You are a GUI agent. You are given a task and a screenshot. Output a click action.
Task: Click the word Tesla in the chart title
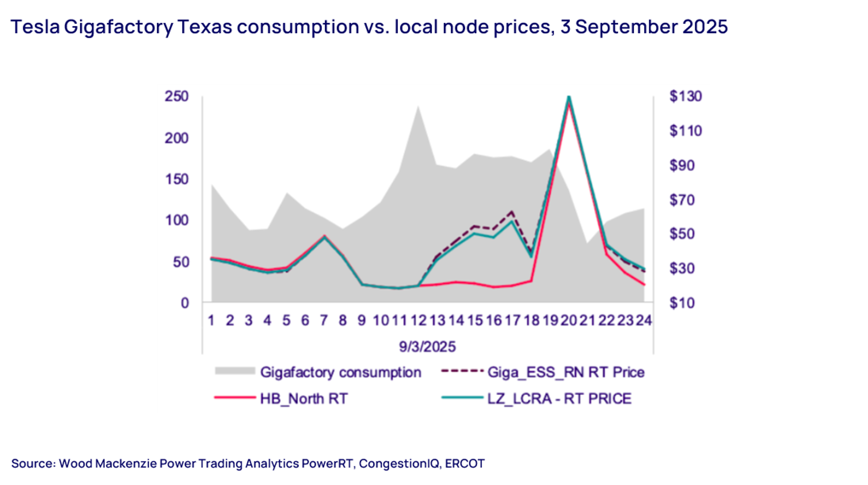tap(35, 27)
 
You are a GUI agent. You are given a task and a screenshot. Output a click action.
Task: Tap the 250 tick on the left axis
tap(176, 96)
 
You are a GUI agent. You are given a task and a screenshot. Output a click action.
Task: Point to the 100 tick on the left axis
tap(176, 221)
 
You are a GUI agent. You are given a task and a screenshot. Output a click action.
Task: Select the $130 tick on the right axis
tap(685, 96)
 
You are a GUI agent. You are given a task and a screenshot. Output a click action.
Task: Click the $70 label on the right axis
tap(682, 200)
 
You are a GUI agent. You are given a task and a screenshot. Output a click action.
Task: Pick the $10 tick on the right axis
tap(682, 303)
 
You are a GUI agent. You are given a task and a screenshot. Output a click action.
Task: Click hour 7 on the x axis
tap(324, 320)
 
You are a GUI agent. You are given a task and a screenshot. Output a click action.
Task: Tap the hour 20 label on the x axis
tap(569, 320)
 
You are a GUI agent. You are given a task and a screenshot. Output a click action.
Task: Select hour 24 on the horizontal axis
tap(644, 320)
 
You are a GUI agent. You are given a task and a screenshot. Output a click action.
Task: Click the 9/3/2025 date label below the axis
tap(427, 346)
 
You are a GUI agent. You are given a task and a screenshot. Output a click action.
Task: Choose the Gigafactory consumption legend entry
tap(340, 372)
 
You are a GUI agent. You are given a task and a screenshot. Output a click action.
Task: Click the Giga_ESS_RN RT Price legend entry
tap(566, 372)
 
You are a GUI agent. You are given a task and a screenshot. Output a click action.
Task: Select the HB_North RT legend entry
tap(304, 399)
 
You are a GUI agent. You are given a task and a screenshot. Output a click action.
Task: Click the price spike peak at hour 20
tap(569, 98)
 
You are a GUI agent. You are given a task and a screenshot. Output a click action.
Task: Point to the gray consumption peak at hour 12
tap(418, 106)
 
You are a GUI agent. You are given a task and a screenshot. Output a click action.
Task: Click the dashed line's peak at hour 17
tap(512, 211)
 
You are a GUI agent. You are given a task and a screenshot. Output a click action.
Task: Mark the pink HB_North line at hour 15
tap(475, 283)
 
